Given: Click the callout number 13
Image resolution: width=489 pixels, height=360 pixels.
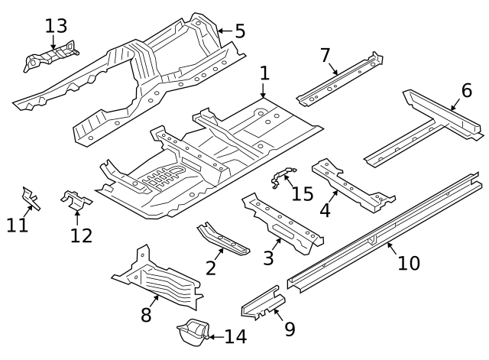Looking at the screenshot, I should [56, 26].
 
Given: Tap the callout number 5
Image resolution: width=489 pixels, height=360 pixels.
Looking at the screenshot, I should [239, 31].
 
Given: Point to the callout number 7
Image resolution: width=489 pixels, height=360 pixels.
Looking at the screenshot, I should [325, 55].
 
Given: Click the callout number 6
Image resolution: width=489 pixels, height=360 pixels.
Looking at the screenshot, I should [466, 90].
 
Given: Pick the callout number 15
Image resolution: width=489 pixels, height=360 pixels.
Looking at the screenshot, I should [303, 193].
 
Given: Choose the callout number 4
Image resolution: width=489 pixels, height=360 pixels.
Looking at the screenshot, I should [325, 209].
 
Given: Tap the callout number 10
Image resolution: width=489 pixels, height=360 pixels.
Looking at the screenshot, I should [409, 263].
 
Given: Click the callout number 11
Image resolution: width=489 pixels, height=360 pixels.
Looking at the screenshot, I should [18, 225].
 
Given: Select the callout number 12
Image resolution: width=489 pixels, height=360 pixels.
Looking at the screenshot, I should [80, 235].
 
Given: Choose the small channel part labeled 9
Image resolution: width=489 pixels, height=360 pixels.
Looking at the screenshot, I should [260, 303].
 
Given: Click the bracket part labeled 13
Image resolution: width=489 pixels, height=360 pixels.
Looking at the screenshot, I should [52, 56].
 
